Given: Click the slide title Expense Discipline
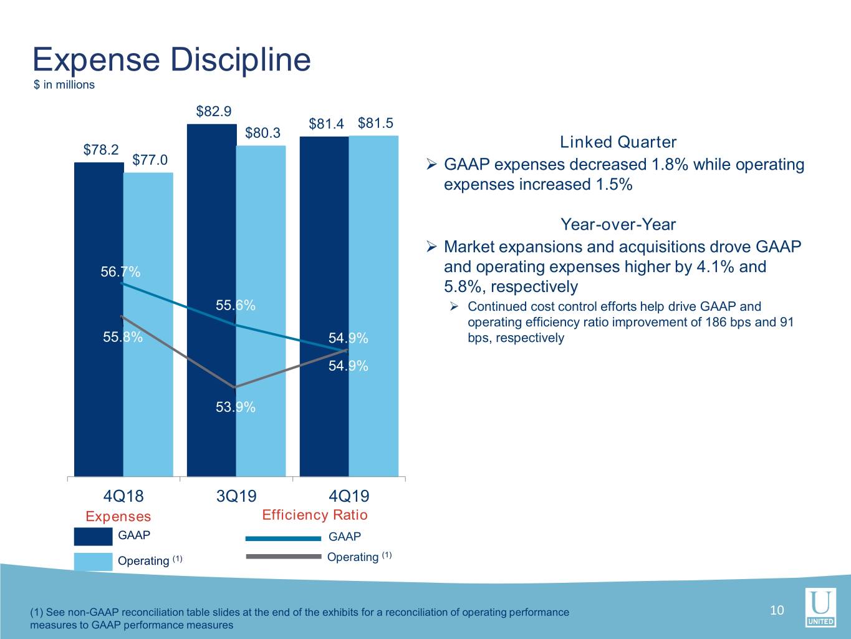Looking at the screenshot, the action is pyautogui.click(x=171, y=60).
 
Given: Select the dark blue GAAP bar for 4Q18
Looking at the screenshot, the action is pyautogui.click(x=99, y=319).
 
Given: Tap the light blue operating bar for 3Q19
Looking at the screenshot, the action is pyautogui.click(x=261, y=311).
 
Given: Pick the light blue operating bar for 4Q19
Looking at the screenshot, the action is pyautogui.click(x=373, y=306).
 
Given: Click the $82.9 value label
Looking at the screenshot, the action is pyautogui.click(x=214, y=111).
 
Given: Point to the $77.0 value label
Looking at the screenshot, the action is pyautogui.click(x=150, y=160).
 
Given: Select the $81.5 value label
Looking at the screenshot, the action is pyautogui.click(x=375, y=123).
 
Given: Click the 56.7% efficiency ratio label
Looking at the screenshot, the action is pyautogui.click(x=120, y=271).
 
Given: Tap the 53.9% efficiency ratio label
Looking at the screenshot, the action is pyautogui.click(x=236, y=407).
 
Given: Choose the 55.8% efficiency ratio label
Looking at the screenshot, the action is pyautogui.click(x=123, y=337).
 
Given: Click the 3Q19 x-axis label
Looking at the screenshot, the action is pyautogui.click(x=236, y=496).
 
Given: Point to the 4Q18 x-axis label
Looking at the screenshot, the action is pyautogui.click(x=123, y=496).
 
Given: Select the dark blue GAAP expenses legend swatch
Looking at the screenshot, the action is pyautogui.click(x=93, y=536).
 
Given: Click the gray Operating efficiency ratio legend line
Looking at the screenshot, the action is pyautogui.click(x=284, y=557).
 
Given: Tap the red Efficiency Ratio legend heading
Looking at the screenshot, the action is pyautogui.click(x=315, y=515).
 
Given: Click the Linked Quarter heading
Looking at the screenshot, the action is pyautogui.click(x=618, y=142).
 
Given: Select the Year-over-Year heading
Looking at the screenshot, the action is pyautogui.click(x=618, y=224).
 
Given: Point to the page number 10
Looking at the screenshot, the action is pyautogui.click(x=777, y=610).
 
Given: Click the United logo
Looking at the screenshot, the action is pyautogui.click(x=820, y=608).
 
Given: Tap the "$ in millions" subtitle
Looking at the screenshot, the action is pyautogui.click(x=64, y=85).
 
